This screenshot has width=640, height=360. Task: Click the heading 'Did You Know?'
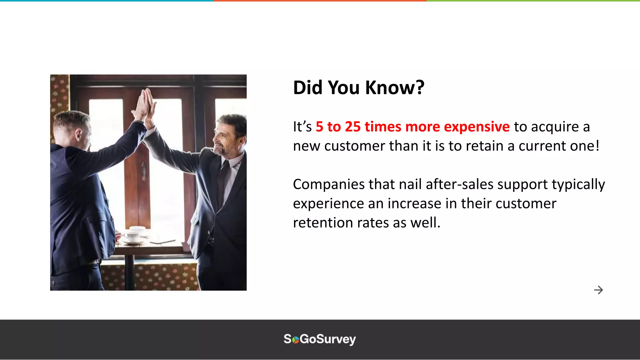(358, 87)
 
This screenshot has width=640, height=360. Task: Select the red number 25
(353, 127)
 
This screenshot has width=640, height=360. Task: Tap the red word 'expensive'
(477, 127)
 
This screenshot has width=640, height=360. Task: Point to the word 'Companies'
(328, 184)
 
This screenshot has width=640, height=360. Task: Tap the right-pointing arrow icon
(598, 290)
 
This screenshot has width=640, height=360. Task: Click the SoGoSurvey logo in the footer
(320, 339)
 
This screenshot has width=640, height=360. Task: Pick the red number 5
(319, 127)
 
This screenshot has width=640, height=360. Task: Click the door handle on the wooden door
(144, 170)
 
